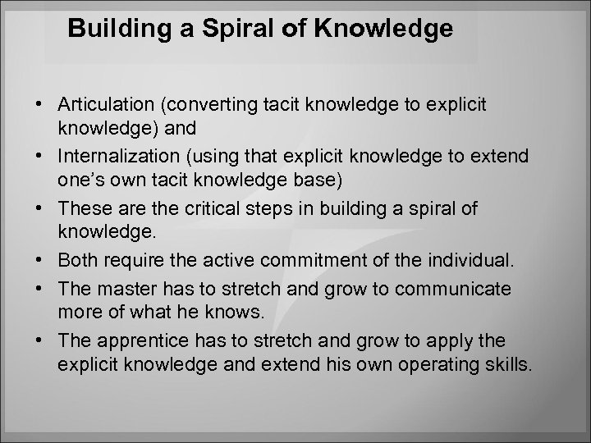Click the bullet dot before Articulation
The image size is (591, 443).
click(x=39, y=106)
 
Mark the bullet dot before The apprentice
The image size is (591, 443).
click(x=39, y=340)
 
